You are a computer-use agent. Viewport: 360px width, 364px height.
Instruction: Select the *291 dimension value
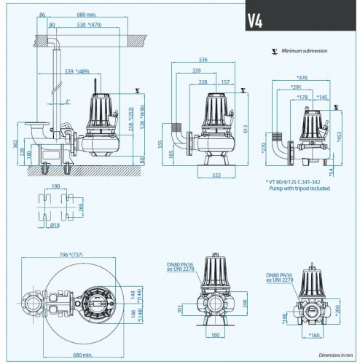pyautogui.click(x=295, y=87)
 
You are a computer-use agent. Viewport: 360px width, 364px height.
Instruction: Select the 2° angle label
pyautogui.click(x=67, y=101)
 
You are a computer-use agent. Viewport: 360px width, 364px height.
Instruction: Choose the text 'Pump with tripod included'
pyautogui.click(x=299, y=189)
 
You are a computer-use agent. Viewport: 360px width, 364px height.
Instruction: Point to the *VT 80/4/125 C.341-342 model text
pyautogui.click(x=299, y=181)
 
